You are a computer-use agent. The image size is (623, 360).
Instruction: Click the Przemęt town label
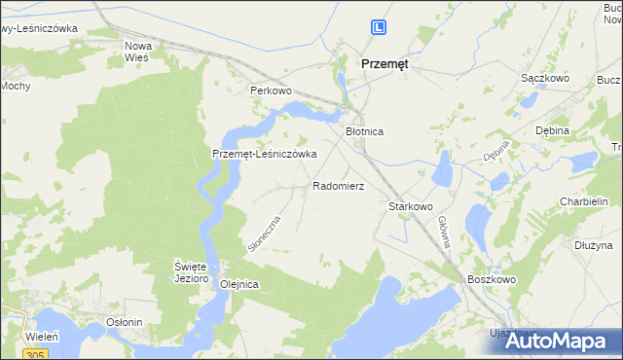385,62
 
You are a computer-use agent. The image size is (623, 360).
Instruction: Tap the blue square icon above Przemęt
380,30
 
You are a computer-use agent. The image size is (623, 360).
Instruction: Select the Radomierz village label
338,185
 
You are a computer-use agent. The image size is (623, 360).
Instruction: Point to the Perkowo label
272,90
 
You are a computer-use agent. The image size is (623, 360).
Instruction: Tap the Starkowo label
410,207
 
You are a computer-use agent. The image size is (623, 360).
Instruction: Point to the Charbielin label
584,202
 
